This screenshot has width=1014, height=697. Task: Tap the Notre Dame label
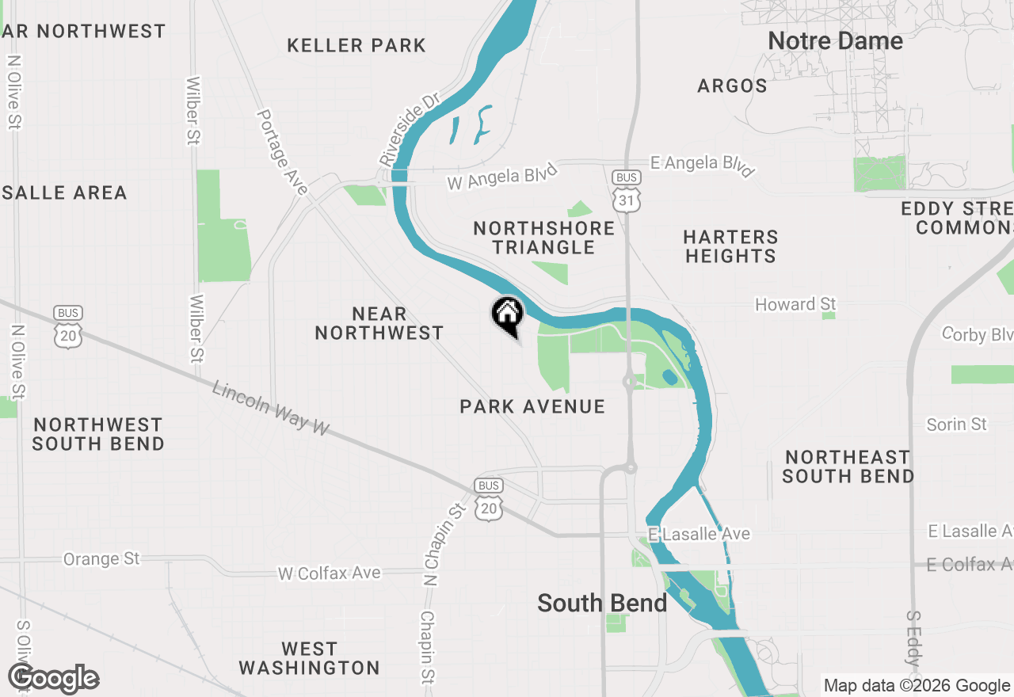tap(835, 41)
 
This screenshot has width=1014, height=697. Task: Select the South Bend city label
tap(602, 603)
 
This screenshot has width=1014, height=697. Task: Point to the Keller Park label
tap(356, 45)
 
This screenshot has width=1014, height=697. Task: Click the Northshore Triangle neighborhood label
tap(543, 238)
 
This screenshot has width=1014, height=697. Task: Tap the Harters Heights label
tap(730, 246)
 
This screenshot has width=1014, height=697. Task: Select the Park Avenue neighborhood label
tap(532, 406)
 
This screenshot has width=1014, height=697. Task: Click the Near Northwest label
tap(379, 323)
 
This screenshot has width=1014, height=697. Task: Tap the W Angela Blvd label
tap(502, 177)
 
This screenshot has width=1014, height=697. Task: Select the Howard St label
tap(795, 304)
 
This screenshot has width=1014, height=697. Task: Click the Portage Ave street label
tap(281, 151)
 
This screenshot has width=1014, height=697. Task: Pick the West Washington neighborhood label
tap(309, 658)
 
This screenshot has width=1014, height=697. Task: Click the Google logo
tap(54, 679)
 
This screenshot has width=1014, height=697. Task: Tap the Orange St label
tap(101, 559)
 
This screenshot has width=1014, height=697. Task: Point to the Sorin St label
tap(956, 425)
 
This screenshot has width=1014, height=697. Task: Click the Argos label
tap(732, 86)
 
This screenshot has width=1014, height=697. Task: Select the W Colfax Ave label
tap(329, 573)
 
